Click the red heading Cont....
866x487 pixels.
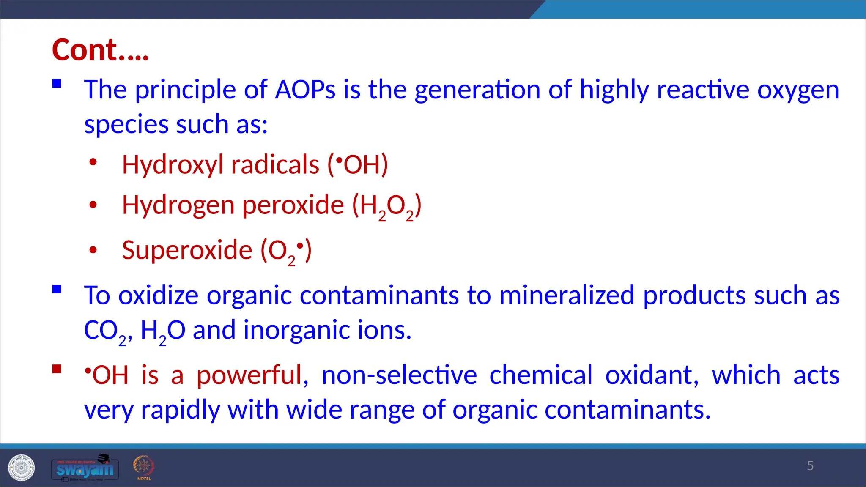pyautogui.click(x=100, y=50)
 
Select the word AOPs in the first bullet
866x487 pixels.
pyautogui.click(x=305, y=90)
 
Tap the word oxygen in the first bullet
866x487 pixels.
pyautogui.click(x=798, y=90)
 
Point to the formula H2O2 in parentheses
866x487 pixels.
pyautogui.click(x=387, y=206)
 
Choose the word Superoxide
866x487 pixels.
pyautogui.click(x=187, y=250)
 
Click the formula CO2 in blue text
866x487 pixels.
pyautogui.click(x=105, y=331)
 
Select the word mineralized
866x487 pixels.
pyautogui.click(x=567, y=295)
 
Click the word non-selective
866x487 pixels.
pyautogui.click(x=399, y=375)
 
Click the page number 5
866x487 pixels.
pyautogui.click(x=810, y=466)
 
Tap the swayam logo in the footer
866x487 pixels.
pyautogui.click(x=85, y=468)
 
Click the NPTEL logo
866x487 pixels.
pyautogui.click(x=144, y=468)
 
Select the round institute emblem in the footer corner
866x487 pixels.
pyautogui.click(x=21, y=468)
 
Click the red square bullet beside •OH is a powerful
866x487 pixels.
pyautogui.click(x=57, y=369)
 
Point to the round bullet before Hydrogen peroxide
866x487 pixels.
pyautogui.click(x=93, y=205)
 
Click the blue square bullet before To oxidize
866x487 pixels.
pyautogui.click(x=57, y=290)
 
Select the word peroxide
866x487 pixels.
pyautogui.click(x=293, y=205)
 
